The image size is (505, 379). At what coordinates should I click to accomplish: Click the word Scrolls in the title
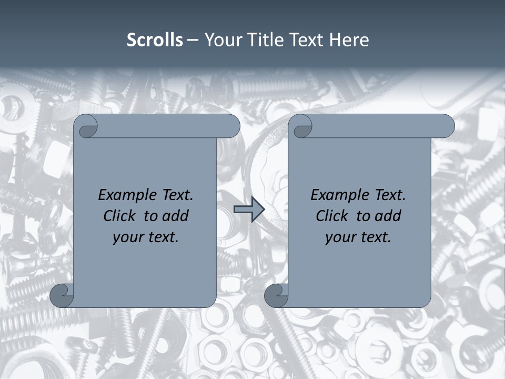(x=155, y=40)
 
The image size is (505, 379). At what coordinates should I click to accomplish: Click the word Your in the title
(x=223, y=40)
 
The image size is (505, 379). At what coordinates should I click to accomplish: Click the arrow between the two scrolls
(x=249, y=209)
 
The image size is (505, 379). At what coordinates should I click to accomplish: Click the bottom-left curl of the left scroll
(x=62, y=295)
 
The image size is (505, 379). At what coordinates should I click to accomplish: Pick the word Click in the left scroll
(x=120, y=216)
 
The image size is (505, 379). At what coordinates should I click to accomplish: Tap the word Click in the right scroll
(x=332, y=216)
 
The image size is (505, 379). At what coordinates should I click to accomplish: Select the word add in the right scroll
(x=388, y=216)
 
